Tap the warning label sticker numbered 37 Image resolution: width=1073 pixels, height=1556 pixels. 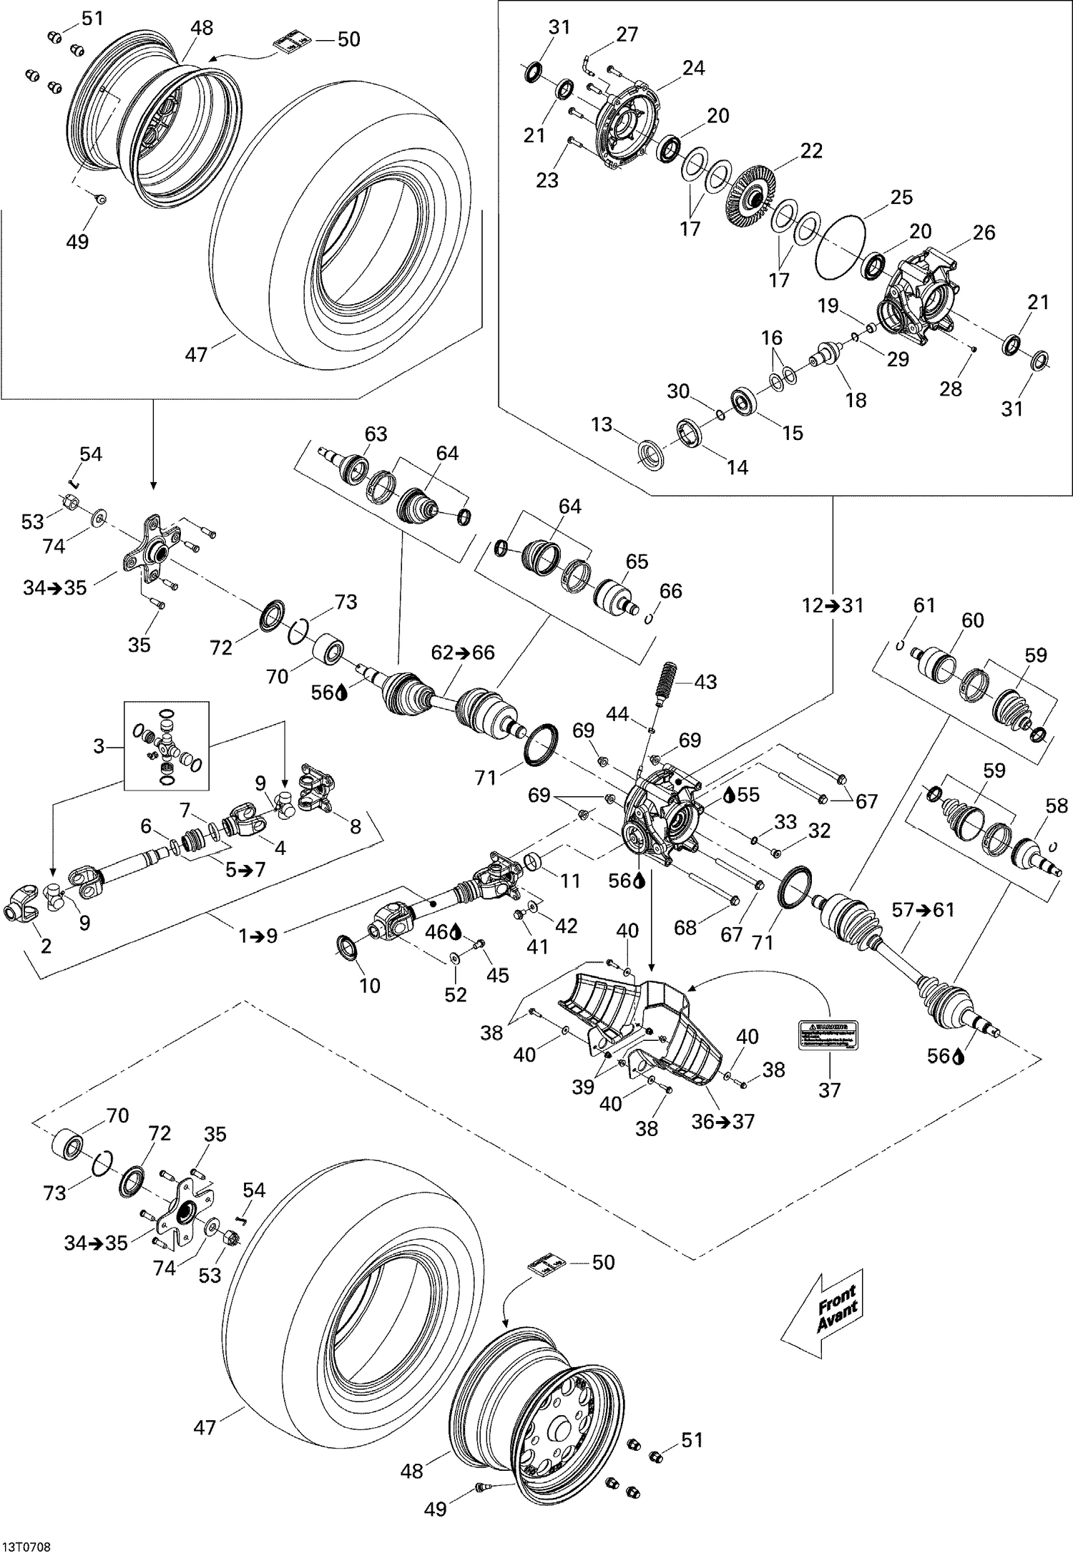828,1034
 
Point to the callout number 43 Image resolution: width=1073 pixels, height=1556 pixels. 705,682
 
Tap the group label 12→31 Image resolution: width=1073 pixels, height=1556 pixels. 833,606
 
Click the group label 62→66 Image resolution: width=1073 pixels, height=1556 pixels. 463,652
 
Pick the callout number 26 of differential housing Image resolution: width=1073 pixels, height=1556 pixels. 984,233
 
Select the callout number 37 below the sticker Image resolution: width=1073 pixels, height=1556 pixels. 829,1090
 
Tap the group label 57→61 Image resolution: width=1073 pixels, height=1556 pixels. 923,910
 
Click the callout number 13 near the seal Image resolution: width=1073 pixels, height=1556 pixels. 602,424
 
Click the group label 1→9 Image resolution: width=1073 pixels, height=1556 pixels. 258,935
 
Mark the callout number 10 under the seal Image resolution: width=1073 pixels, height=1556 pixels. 369,985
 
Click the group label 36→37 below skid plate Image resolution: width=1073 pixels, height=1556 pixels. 723,1121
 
